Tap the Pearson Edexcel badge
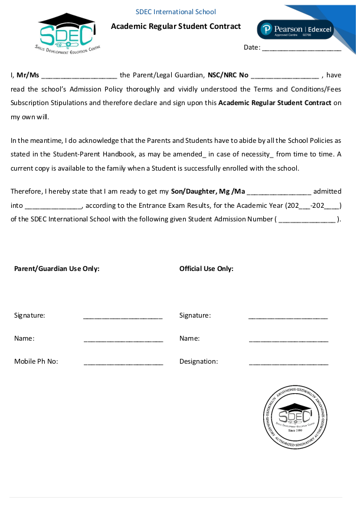click(295, 30)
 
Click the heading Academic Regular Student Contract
click(176, 26)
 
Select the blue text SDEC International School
click(176, 12)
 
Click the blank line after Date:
click(301, 48)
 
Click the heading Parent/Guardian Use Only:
click(57, 269)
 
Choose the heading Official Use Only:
click(207, 269)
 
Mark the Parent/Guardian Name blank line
click(123, 339)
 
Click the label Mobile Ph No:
click(36, 361)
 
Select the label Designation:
click(198, 361)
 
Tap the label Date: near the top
click(251, 47)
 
